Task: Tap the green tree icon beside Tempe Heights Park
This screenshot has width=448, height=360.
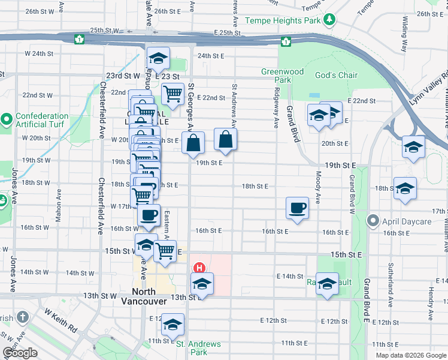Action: (329, 20)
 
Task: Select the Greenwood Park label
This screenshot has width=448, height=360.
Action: (282, 76)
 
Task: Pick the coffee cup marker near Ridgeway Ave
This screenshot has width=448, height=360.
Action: (298, 208)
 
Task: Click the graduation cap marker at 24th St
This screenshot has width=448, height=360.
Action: (158, 58)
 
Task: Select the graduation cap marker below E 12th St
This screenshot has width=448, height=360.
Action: (173, 325)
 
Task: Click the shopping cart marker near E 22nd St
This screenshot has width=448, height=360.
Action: (172, 94)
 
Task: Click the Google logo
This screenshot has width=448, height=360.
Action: (19, 353)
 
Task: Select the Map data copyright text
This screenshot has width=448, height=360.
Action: (410, 355)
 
